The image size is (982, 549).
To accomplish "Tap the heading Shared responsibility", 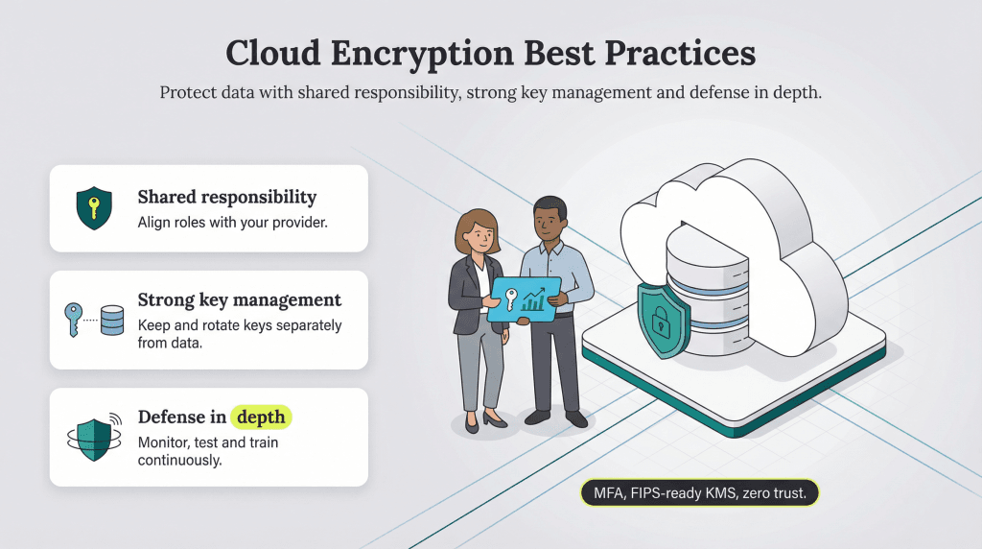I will click(226, 197).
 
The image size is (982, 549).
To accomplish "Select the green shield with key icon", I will click(93, 207).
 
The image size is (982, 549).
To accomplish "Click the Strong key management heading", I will click(239, 299).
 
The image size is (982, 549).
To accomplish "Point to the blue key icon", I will click(74, 317).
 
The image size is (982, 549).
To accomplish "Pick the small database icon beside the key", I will click(112, 320).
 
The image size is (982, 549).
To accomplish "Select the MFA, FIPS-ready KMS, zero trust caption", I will click(698, 493).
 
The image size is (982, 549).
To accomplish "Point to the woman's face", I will click(479, 231).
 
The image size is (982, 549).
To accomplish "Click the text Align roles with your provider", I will click(221, 223).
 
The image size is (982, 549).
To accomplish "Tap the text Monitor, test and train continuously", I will click(207, 451).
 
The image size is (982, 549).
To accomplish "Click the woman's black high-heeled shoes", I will click(483, 419).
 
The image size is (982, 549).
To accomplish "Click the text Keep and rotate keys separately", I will click(240, 325).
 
